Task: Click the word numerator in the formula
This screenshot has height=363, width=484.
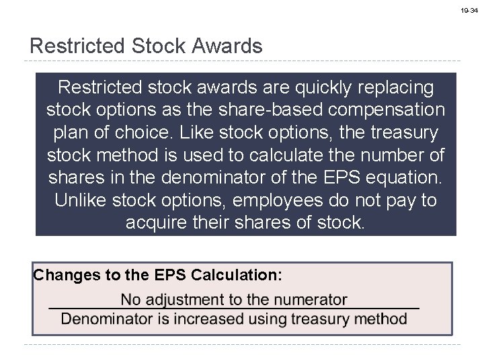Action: [x=315, y=299]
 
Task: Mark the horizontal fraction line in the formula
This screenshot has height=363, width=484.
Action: [x=234, y=308]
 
